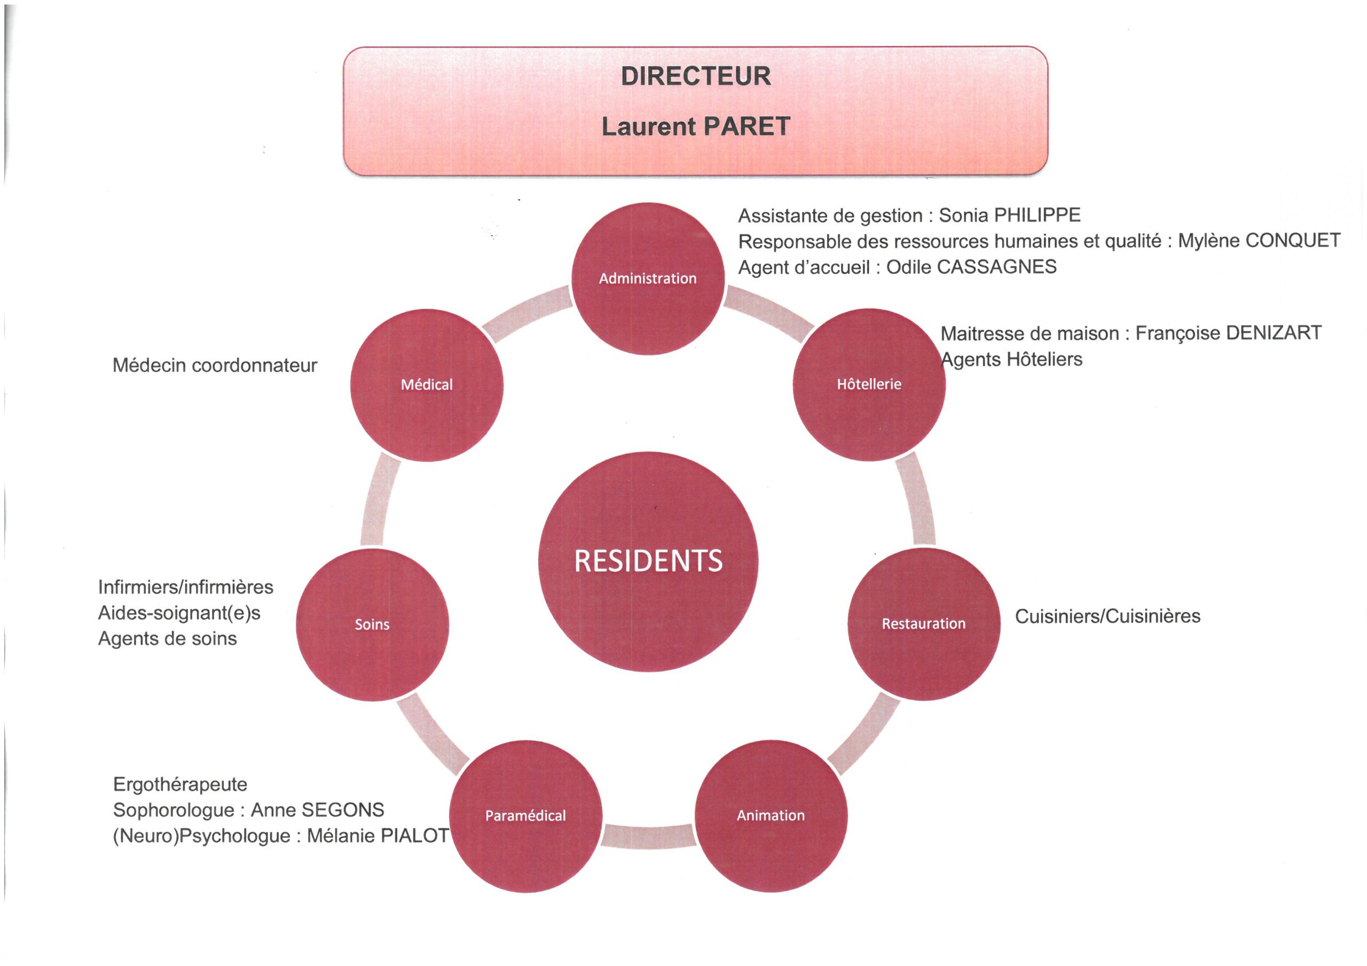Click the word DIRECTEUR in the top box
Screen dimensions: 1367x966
click(695, 76)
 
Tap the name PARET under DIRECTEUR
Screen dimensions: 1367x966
click(747, 126)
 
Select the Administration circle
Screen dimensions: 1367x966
click(648, 278)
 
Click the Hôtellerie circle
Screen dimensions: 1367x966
click(869, 384)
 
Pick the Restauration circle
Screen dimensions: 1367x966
click(923, 624)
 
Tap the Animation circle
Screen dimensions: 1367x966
click(771, 815)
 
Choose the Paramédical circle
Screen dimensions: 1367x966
click(525, 815)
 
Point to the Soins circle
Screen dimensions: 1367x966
click(372, 624)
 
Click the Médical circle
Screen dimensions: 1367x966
click(426, 384)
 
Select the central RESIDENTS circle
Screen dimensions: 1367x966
click(648, 561)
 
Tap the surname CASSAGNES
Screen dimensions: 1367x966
click(997, 266)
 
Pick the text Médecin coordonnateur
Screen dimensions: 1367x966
click(215, 365)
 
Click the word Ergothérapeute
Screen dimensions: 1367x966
click(180, 785)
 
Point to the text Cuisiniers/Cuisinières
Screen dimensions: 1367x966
click(1108, 616)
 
